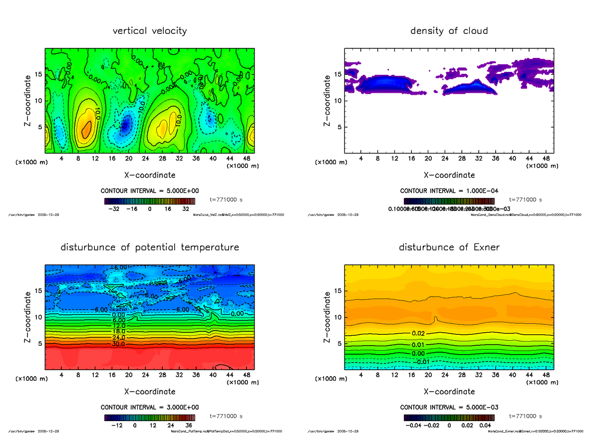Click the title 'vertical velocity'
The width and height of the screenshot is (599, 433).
[150, 31]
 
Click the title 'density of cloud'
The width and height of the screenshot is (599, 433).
[449, 31]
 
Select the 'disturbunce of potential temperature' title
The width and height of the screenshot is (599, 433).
[150, 247]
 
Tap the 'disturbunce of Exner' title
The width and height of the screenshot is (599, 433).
[449, 247]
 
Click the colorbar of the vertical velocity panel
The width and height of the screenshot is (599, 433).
[150, 201]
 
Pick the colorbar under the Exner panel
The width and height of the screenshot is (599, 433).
[449, 417]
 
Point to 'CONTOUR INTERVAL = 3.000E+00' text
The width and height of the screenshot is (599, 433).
[150, 407]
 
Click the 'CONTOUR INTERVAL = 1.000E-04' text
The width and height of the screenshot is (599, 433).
[449, 191]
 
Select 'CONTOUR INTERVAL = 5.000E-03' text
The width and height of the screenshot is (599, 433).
[449, 407]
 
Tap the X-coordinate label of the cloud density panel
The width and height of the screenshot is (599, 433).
[449, 175]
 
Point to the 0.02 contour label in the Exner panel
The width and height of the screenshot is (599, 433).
[418, 333]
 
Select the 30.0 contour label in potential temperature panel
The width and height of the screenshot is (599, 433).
[118, 344]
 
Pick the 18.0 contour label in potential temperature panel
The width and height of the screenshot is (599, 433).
[118, 331]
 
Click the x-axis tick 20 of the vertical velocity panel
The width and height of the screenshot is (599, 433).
[129, 159]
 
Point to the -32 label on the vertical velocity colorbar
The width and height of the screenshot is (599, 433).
[116, 210]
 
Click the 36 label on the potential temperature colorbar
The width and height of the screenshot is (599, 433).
[190, 426]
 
